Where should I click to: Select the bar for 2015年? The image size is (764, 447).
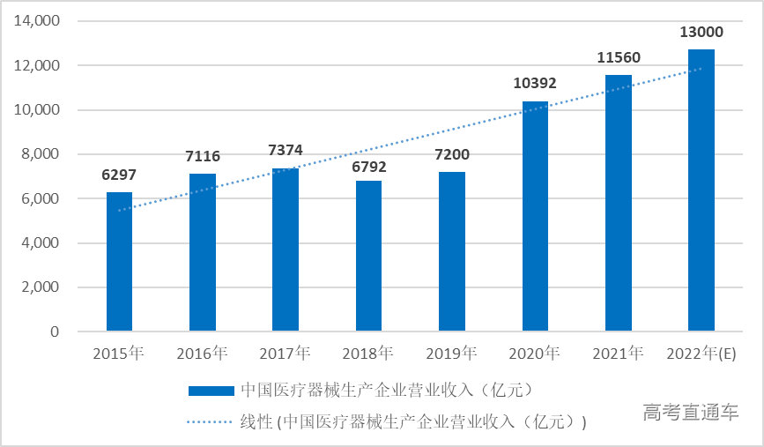point(119,262)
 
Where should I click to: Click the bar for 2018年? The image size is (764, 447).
point(368,256)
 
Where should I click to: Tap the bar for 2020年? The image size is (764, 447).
point(535,217)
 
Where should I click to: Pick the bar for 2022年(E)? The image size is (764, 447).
point(701,190)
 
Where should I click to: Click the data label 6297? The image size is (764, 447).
point(119,175)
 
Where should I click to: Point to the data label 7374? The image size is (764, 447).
point(286,151)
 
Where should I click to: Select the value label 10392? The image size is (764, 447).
point(535,84)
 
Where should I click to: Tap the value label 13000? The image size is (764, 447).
point(701,33)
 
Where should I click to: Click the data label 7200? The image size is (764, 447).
point(452,155)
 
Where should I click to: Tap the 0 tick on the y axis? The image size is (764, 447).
point(55,332)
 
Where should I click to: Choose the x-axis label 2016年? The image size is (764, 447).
point(202,354)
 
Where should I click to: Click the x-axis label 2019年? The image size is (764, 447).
point(452,354)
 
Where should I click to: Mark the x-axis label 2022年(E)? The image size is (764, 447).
point(701,354)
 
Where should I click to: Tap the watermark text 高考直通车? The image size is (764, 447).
point(691,412)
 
